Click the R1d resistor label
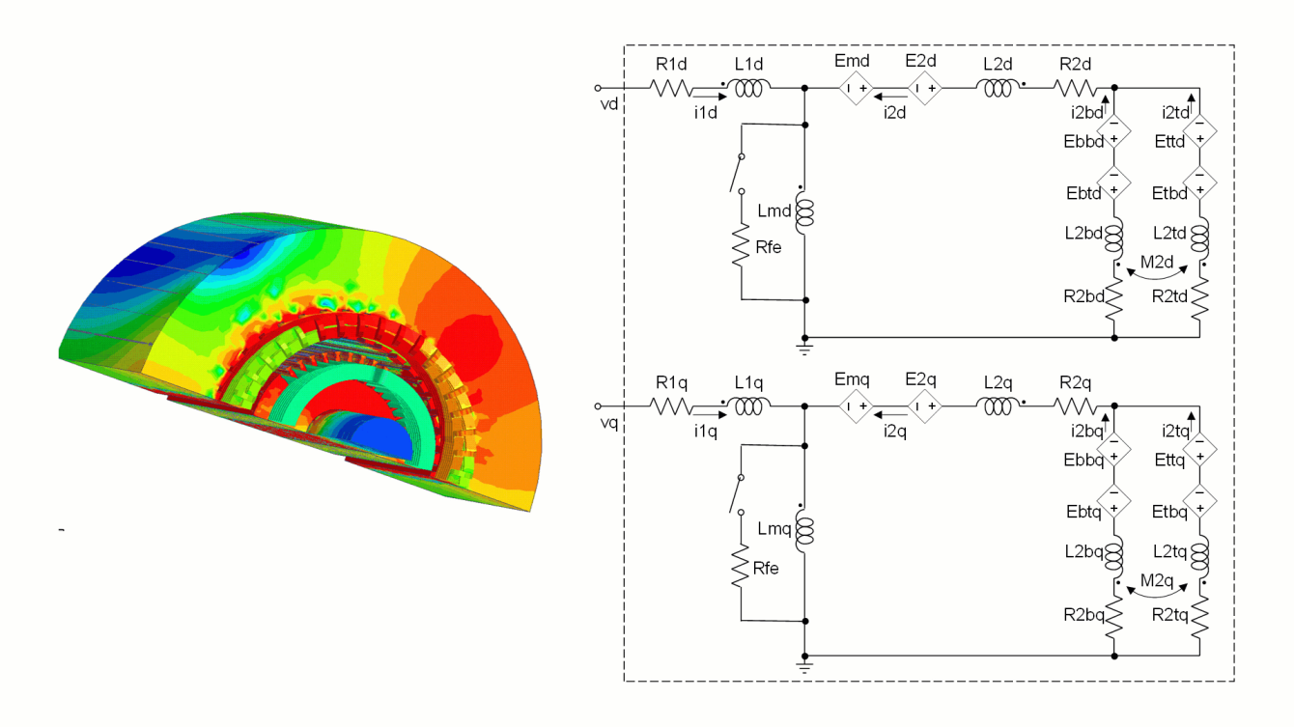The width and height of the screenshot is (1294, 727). tap(669, 64)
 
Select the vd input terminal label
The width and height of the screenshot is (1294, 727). tap(607, 104)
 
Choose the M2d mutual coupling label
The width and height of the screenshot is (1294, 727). tap(1156, 263)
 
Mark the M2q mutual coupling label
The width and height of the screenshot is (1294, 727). tap(1156, 580)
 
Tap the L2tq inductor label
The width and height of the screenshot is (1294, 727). tap(1170, 548)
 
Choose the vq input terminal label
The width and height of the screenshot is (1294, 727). tap(607, 423)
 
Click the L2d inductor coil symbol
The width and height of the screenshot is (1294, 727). tap(998, 89)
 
